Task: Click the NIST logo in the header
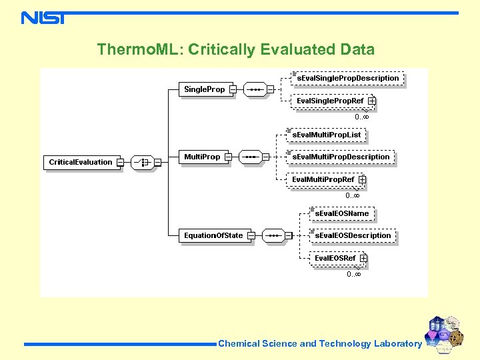click(x=43, y=17)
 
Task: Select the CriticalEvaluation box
click(x=81, y=162)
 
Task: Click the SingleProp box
click(x=205, y=89)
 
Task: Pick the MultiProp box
click(x=202, y=157)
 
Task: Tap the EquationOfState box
click(x=213, y=235)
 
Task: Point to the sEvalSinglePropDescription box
click(x=347, y=78)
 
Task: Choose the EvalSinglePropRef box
click(x=331, y=101)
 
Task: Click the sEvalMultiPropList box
click(x=327, y=135)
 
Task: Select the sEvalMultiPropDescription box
click(x=341, y=157)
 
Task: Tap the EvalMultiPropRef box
click(x=323, y=179)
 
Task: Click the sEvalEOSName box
click(x=341, y=213)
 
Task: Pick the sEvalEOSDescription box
click(x=353, y=235)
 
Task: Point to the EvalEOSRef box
click(x=335, y=258)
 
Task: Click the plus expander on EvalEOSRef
click(x=363, y=258)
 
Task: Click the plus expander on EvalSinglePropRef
click(x=371, y=101)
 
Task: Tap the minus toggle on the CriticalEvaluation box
click(x=120, y=162)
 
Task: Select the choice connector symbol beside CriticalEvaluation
click(x=141, y=162)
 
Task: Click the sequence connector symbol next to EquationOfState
click(x=274, y=235)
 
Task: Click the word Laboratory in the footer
click(x=397, y=344)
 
